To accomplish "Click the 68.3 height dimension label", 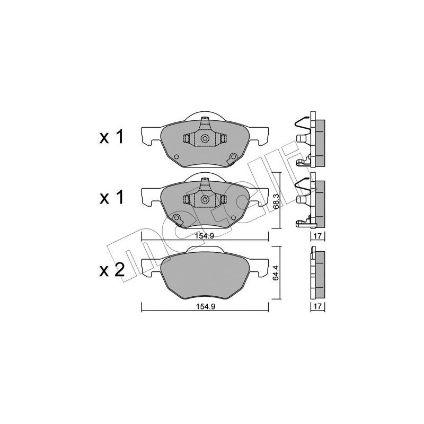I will [x=276, y=200].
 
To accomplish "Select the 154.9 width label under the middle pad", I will [x=205, y=236].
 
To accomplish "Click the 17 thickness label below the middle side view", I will [x=317, y=236].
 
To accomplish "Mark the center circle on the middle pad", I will [x=205, y=200].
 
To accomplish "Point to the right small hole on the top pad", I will [x=232, y=156].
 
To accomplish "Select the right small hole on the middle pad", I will [x=232, y=217].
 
